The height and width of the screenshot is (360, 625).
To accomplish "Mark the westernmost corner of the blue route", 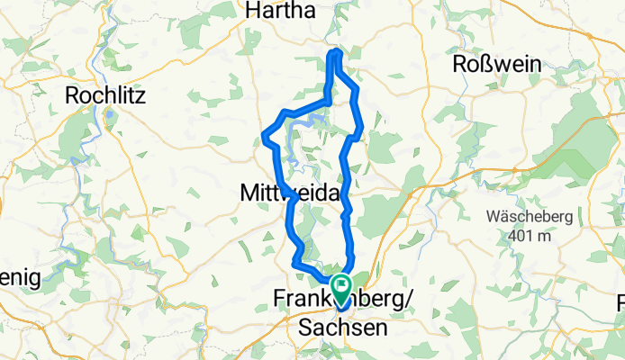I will pyautogui.click(x=264, y=137).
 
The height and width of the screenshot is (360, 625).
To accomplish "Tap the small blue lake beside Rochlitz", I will pyautogui.click(x=109, y=116).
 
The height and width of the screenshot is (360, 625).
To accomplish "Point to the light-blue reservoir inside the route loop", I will pyautogui.click(x=315, y=118).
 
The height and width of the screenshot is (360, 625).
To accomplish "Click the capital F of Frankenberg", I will pyautogui.click(x=279, y=300).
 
